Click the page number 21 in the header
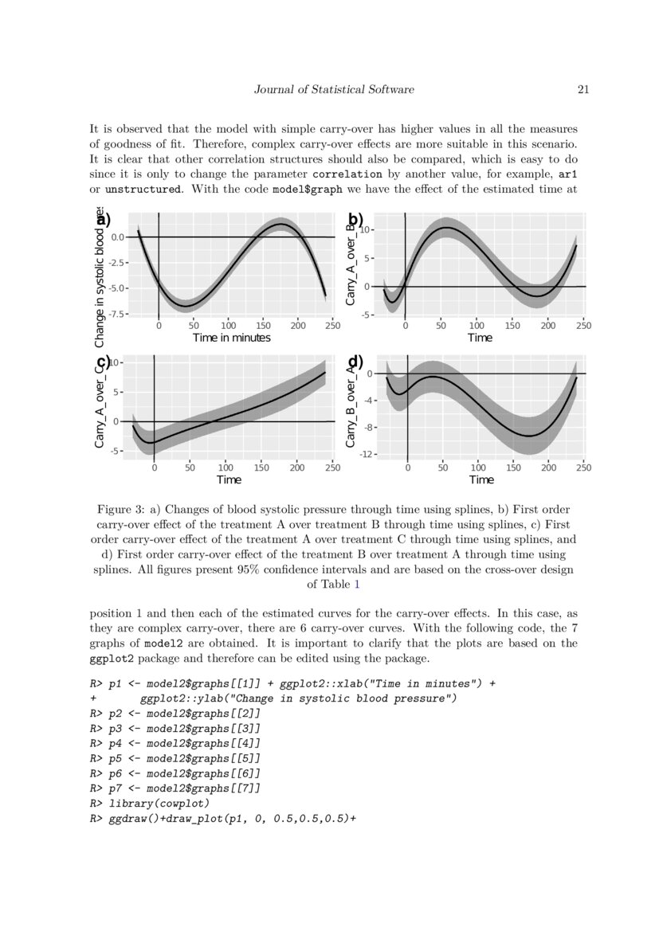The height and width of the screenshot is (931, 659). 583,90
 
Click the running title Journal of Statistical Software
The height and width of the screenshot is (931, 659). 334,90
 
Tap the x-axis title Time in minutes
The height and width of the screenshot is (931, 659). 231,338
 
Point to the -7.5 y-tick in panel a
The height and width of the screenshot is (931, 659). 118,314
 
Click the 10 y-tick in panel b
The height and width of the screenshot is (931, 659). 367,229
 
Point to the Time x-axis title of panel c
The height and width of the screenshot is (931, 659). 229,480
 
